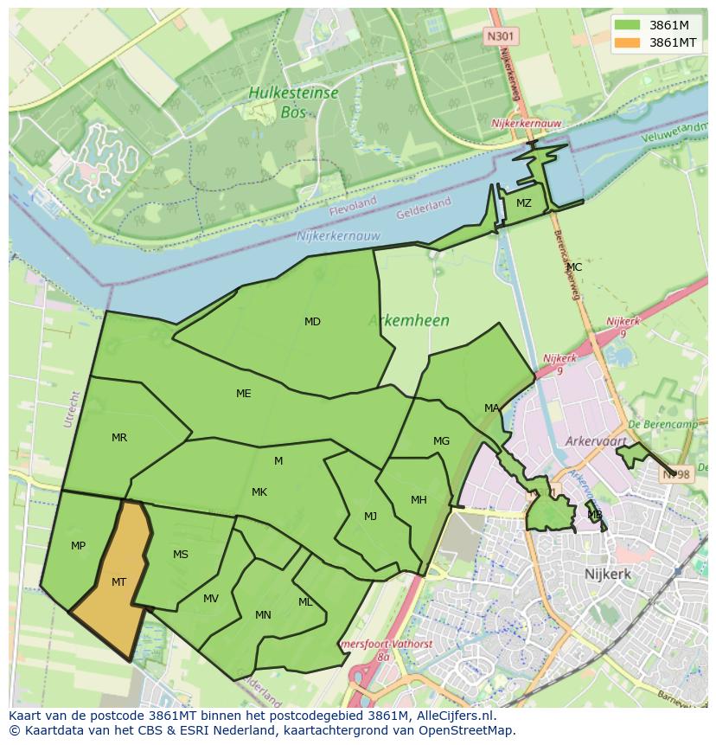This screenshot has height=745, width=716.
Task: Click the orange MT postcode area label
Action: click(x=118, y=582)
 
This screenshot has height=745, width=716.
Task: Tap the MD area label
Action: click(x=312, y=322)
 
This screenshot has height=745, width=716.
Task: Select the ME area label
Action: click(x=244, y=394)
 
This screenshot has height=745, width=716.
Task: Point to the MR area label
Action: click(x=119, y=438)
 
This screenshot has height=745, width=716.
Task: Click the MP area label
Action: click(x=78, y=546)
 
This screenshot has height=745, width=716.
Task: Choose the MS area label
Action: click(x=181, y=555)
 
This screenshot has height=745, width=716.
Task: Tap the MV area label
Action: click(x=211, y=599)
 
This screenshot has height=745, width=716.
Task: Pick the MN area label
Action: click(x=263, y=615)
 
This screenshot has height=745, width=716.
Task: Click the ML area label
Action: click(x=305, y=602)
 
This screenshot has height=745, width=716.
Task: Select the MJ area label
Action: click(x=370, y=517)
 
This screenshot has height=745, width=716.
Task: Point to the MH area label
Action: click(x=419, y=500)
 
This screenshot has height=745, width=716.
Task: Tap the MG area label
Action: click(x=441, y=441)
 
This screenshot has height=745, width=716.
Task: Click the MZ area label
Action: click(x=524, y=203)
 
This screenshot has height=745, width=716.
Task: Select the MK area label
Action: click(x=259, y=492)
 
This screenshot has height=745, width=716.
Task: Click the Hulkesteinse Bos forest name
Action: click(x=292, y=101)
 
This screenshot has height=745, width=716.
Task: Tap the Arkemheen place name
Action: click(x=409, y=321)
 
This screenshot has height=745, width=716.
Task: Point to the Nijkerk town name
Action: click(x=608, y=574)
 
